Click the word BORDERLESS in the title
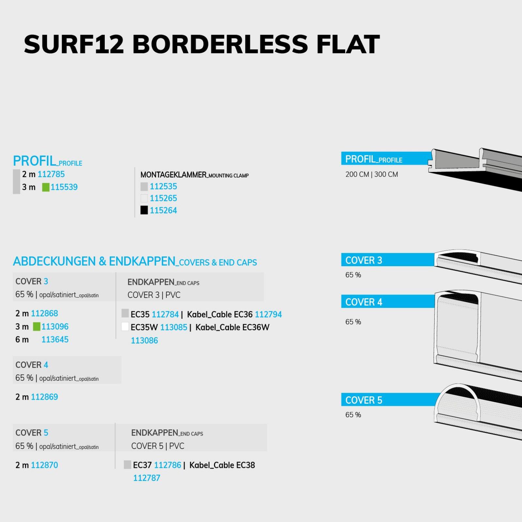pyautogui.click(x=220, y=44)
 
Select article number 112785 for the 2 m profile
pyautogui.click(x=51, y=174)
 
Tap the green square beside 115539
pyautogui.click(x=46, y=187)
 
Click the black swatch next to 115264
pyautogui.click(x=144, y=210)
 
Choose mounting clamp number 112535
pyautogui.click(x=163, y=186)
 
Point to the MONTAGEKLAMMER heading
pyautogui.click(x=174, y=175)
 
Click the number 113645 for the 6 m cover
pyautogui.click(x=55, y=340)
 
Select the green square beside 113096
pyautogui.click(x=37, y=327)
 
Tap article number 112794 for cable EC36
pyautogui.click(x=268, y=315)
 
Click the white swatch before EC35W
pyautogui.click(x=125, y=327)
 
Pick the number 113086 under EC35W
pyautogui.click(x=145, y=341)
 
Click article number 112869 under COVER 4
pyautogui.click(x=44, y=397)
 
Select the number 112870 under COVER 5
pyautogui.click(x=44, y=465)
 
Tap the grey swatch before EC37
pyautogui.click(x=128, y=465)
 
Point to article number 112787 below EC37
pyautogui.click(x=147, y=478)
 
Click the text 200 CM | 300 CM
pyautogui.click(x=372, y=175)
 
